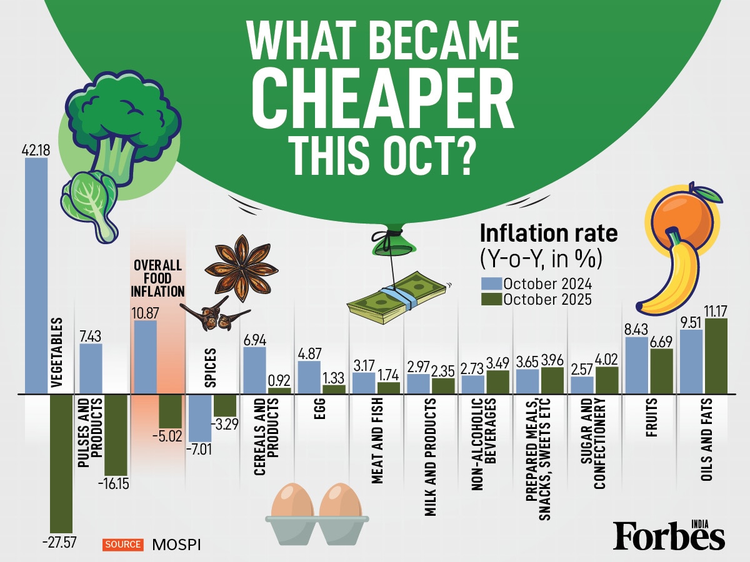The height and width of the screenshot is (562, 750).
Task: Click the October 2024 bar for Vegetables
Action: coord(36,275)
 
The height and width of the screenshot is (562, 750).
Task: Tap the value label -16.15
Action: coord(113,484)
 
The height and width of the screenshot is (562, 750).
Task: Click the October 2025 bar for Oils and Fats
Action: coord(716,356)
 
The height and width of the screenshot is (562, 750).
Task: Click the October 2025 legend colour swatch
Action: coord(491,298)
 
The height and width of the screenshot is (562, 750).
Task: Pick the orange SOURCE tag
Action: coord(123,544)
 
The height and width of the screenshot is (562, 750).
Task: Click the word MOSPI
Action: coord(177,545)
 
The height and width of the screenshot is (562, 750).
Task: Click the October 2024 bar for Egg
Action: coord(309,377)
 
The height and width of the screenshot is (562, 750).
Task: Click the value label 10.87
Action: coord(146,311)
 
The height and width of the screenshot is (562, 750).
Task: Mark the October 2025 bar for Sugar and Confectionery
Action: coord(607,380)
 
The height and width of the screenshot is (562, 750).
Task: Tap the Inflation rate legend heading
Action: coord(548,234)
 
